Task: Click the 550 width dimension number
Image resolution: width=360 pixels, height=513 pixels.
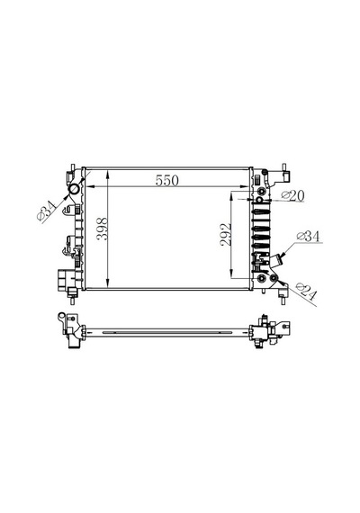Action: (166, 181)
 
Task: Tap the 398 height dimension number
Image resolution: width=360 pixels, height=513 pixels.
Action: (103, 229)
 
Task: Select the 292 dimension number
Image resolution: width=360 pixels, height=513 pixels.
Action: (226, 234)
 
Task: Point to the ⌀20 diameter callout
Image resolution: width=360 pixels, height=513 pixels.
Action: (292, 195)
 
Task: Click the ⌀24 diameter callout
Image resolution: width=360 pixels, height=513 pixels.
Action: (306, 292)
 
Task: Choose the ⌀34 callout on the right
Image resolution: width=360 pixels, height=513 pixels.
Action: (308, 236)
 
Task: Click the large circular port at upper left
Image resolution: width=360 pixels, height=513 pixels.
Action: (74, 189)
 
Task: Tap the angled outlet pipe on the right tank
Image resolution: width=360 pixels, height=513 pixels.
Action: (276, 262)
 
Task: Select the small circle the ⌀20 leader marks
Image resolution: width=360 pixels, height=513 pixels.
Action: (259, 200)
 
